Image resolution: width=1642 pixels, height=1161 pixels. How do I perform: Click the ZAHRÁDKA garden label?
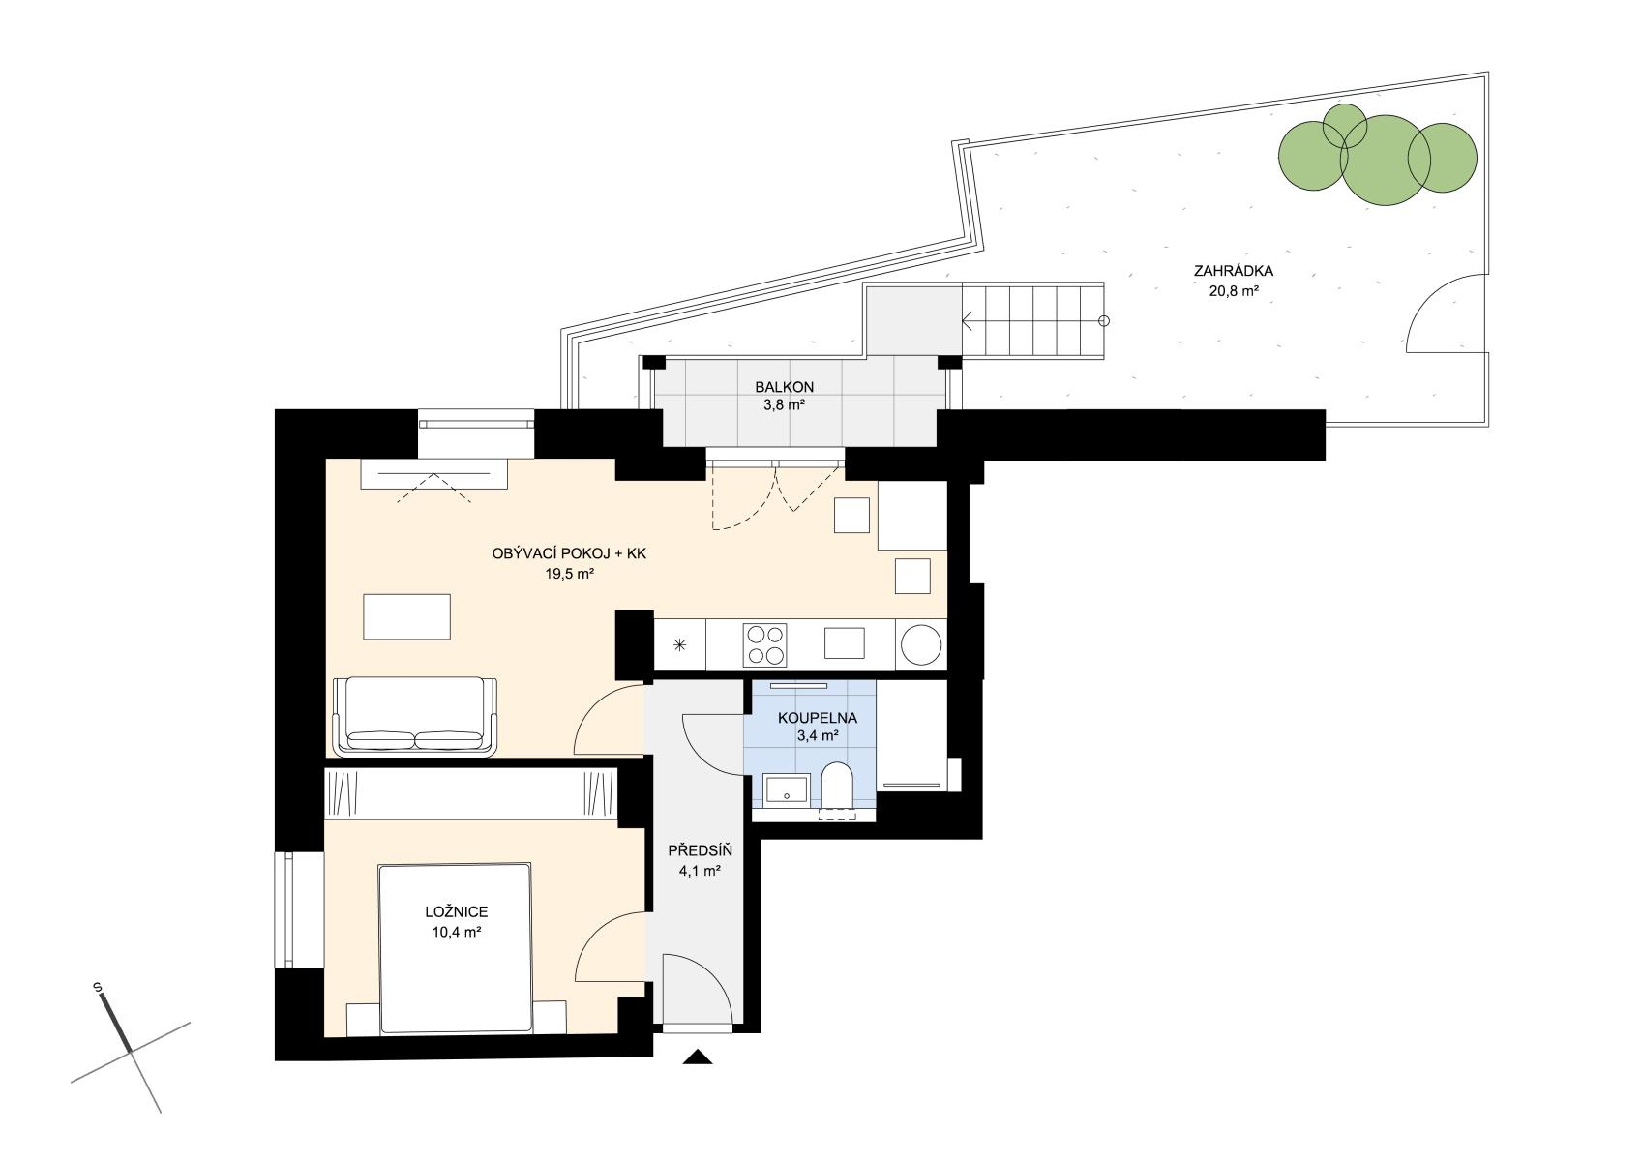coord(1234,271)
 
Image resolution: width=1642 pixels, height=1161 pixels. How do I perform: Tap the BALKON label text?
coord(785,387)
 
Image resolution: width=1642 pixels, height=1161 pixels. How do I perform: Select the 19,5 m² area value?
coord(569,574)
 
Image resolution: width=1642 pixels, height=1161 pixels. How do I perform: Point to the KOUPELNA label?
coord(818,718)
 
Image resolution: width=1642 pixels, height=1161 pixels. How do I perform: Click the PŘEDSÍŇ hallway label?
coord(700,851)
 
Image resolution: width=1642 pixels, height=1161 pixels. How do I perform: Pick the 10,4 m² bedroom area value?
coord(457,933)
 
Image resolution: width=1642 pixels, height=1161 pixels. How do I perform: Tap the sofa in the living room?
coord(415,716)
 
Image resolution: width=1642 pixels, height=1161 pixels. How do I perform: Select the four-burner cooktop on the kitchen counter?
coord(764,645)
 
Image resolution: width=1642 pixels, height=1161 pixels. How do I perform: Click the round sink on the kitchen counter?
coord(921,645)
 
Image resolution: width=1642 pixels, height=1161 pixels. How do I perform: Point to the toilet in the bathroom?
coord(836,789)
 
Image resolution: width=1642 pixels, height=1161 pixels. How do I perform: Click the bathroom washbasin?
coord(787,791)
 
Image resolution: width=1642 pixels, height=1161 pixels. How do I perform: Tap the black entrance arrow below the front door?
coord(698,1057)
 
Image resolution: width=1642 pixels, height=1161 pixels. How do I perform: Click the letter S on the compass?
coord(97,987)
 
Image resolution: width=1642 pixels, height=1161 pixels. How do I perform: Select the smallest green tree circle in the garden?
coord(1344,126)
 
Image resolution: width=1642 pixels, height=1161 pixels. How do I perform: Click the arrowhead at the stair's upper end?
coord(967,321)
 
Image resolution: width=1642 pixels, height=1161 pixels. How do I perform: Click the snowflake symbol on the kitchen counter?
coord(680,645)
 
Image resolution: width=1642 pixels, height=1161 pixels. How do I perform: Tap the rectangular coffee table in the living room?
coord(406,616)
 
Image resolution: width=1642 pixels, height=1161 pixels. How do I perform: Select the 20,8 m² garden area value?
coord(1234,291)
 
